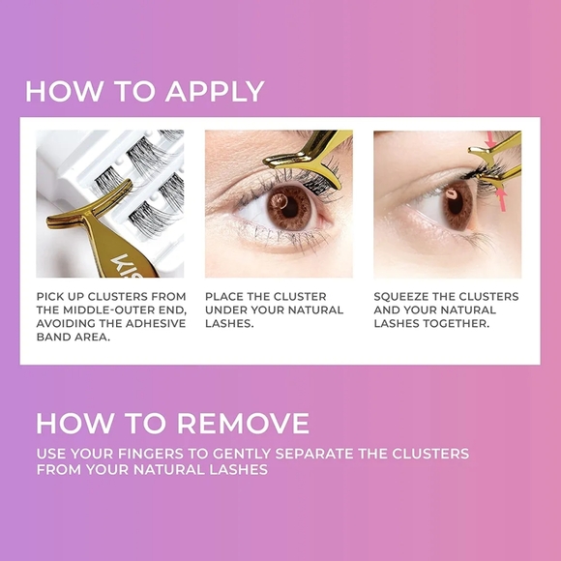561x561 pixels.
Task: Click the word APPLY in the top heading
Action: [215, 91]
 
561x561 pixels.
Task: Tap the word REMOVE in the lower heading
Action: [241, 424]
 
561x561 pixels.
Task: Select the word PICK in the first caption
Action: [50, 296]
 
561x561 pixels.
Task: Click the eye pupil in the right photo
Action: [452, 200]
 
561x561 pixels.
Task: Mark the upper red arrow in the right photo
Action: [490, 142]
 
